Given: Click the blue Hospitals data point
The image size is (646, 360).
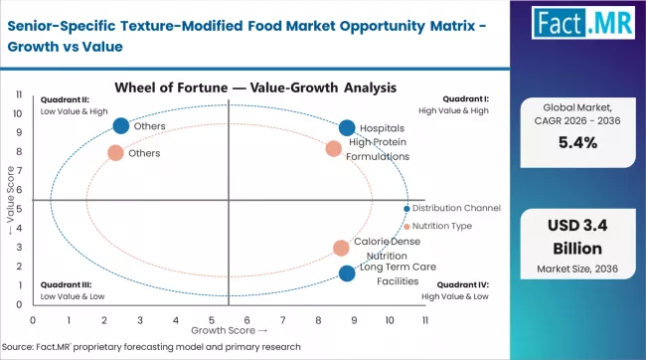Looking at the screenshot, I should point(346,127).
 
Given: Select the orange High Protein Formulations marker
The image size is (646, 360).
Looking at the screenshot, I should point(334,149).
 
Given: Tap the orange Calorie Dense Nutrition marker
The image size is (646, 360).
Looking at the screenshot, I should point(341,248).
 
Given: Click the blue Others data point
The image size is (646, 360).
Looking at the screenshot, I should point(121,126).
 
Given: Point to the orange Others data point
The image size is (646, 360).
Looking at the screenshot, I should point(115,153).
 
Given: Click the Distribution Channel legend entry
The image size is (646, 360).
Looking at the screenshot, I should point(455,208).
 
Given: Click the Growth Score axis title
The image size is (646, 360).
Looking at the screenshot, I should point(229,330).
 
